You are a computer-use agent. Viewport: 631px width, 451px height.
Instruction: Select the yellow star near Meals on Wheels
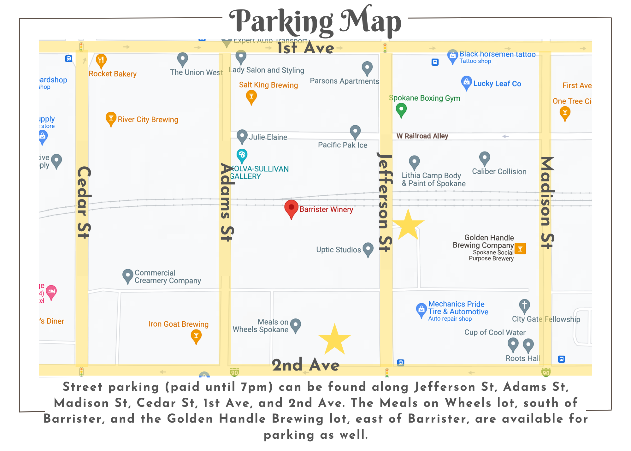point(334,340)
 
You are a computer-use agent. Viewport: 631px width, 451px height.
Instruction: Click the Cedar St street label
point(84,202)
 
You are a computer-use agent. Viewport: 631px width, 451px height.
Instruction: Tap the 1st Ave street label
point(305,48)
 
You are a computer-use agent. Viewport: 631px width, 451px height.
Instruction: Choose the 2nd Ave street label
point(305,365)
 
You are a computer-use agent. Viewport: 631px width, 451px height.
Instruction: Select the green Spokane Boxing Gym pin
point(401,110)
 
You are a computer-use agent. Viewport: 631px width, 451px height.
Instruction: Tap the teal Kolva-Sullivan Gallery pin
point(242,155)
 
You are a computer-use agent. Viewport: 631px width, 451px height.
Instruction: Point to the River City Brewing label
point(148,120)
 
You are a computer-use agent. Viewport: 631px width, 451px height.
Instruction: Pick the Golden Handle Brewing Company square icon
point(520,249)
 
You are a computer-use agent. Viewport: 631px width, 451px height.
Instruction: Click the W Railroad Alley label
point(422,136)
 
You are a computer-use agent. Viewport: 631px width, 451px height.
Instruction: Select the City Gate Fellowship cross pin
point(524,306)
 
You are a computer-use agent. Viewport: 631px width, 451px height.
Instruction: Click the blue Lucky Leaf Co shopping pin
point(466,83)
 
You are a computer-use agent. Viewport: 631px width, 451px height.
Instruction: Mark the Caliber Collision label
point(499,172)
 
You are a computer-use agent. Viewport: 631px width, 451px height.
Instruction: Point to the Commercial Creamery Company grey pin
point(127,276)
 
